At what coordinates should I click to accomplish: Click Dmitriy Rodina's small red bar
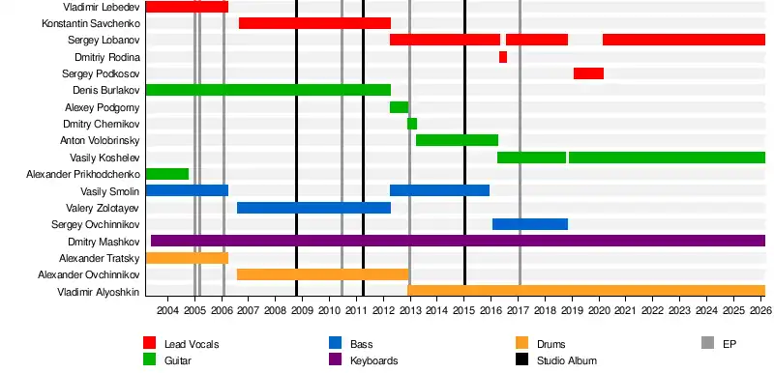click(503, 57)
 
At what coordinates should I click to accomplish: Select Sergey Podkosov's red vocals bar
click(588, 73)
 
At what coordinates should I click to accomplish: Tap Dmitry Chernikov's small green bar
click(412, 124)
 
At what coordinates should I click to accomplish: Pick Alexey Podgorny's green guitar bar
click(400, 107)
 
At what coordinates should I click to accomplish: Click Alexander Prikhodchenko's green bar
click(167, 174)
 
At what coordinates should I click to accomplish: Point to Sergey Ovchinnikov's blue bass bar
click(530, 224)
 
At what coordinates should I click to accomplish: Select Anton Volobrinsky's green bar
click(457, 140)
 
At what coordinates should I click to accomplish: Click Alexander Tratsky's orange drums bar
click(187, 258)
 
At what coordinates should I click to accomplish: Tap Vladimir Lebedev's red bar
click(187, 7)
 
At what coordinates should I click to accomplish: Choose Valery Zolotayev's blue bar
click(313, 208)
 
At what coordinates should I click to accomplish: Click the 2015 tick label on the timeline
click(463, 310)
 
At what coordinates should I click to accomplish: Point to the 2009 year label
click(302, 310)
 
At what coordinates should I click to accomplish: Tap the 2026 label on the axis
click(760, 310)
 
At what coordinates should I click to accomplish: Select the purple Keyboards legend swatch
click(335, 359)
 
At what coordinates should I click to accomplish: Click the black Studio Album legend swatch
click(521, 359)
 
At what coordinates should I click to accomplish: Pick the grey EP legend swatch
click(708, 343)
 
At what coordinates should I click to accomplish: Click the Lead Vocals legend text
click(192, 344)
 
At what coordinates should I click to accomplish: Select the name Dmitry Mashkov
click(104, 242)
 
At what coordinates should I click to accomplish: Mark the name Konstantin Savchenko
click(91, 23)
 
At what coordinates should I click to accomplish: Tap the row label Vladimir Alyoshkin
click(99, 292)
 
